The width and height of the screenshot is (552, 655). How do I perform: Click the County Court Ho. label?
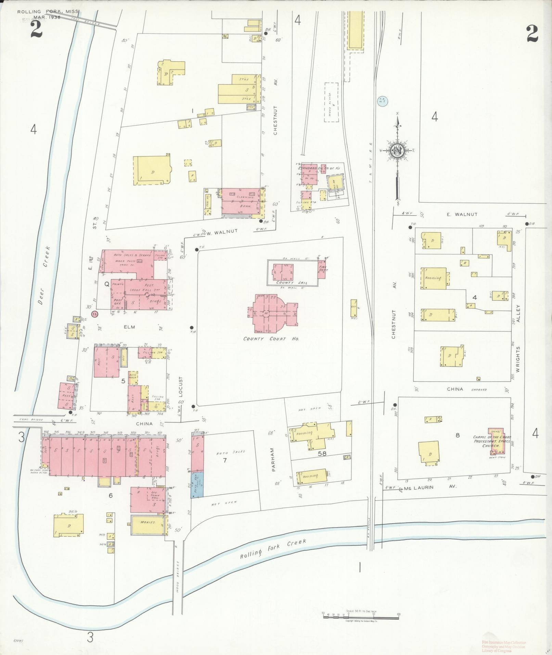pyautogui.click(x=271, y=339)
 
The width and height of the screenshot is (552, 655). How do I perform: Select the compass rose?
pyautogui.click(x=397, y=151)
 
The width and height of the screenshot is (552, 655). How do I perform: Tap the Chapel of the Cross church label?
pyautogui.click(x=492, y=442)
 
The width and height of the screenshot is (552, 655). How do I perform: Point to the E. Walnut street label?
pyautogui.click(x=462, y=214)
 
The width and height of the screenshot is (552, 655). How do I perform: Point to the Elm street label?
pyautogui.click(x=129, y=327)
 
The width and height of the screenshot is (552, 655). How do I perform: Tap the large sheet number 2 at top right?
pyautogui.click(x=532, y=34)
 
